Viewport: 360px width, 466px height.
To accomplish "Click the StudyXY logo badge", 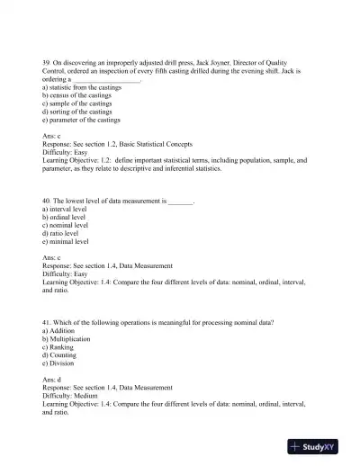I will pos(319,446).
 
